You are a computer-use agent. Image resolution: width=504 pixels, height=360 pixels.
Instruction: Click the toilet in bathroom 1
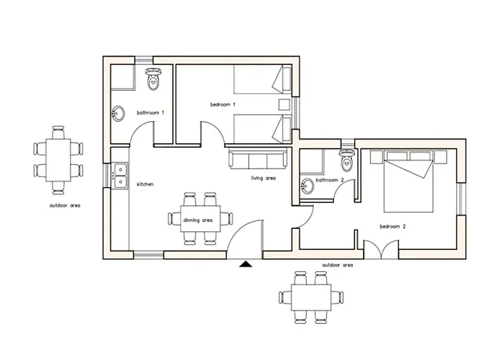tap(152, 80)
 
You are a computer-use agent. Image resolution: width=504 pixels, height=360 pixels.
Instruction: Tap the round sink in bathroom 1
tap(118, 113)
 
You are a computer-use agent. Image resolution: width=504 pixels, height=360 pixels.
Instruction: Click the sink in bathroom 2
tap(307, 185)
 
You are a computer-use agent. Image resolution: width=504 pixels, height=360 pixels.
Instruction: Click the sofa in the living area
tap(257, 159)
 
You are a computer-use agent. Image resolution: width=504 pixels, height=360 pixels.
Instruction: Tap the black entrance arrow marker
tap(246, 264)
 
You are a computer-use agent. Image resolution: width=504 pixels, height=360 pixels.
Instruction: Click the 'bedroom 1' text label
tap(222, 105)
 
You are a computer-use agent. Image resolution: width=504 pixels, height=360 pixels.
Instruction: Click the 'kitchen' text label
tap(145, 184)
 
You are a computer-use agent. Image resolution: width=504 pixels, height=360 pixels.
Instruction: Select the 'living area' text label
tap(264, 178)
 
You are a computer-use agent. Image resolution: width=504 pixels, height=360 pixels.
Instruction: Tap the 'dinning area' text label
tap(197, 220)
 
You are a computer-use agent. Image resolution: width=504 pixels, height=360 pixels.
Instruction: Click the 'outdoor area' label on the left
tap(65, 205)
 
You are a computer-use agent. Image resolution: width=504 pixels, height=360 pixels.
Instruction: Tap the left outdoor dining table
tap(59, 158)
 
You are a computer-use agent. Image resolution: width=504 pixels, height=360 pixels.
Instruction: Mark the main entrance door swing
tap(245, 238)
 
